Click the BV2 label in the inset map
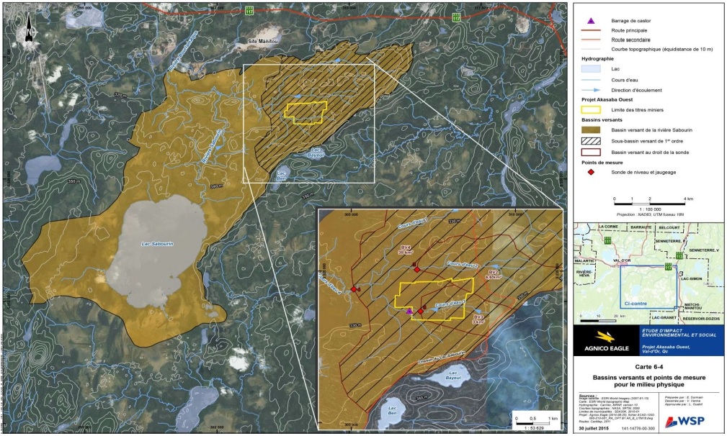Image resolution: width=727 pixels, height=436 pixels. click(x=493, y=274)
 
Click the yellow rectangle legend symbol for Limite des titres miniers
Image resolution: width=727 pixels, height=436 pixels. click(x=592, y=109)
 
